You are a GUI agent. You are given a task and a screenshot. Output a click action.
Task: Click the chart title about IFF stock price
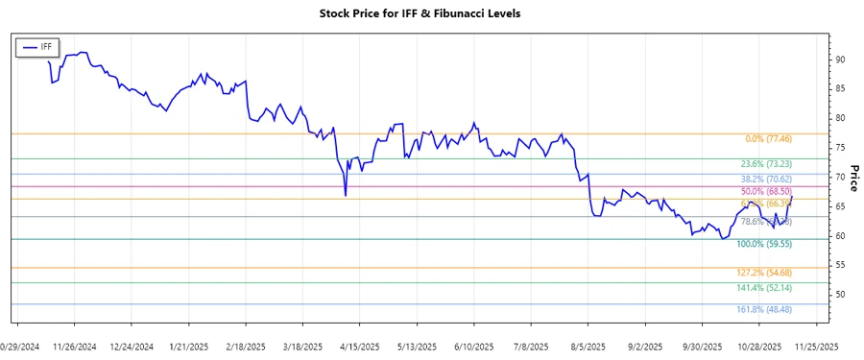tap(432, 13)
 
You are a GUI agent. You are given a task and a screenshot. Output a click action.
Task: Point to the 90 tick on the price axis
tap(839, 60)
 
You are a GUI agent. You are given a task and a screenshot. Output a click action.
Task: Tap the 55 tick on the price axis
tap(839, 264)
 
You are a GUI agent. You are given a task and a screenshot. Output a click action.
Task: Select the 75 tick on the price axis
tap(839, 147)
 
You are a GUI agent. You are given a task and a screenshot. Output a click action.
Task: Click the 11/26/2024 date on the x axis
tap(74, 346)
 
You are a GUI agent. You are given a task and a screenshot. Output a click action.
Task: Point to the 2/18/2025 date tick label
tap(244, 346)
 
